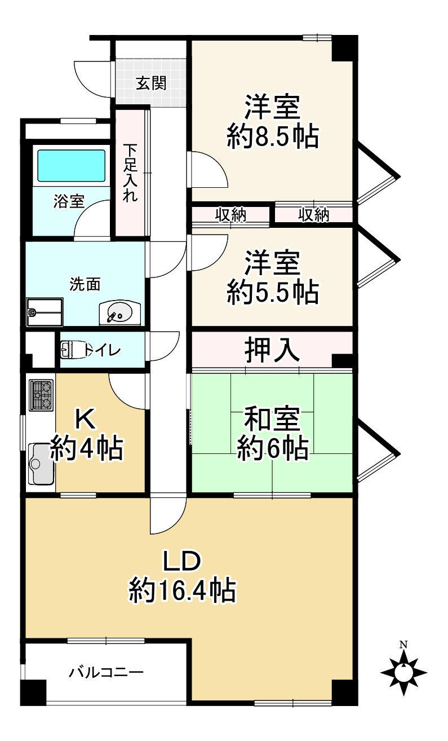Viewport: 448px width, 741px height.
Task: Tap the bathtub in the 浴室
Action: tap(71, 165)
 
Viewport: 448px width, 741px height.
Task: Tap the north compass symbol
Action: tap(403, 671)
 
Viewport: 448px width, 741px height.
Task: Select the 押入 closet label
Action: tap(272, 350)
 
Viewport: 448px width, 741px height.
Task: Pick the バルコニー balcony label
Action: tap(107, 672)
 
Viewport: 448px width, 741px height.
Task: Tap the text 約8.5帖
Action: tap(273, 136)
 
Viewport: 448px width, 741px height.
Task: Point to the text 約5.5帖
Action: tap(273, 292)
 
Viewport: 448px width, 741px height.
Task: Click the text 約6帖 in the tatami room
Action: tap(272, 448)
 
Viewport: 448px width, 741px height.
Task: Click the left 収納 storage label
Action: tap(230, 214)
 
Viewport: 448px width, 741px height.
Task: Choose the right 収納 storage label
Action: tap(313, 214)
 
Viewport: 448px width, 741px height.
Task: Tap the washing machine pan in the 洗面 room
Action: tap(45, 312)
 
